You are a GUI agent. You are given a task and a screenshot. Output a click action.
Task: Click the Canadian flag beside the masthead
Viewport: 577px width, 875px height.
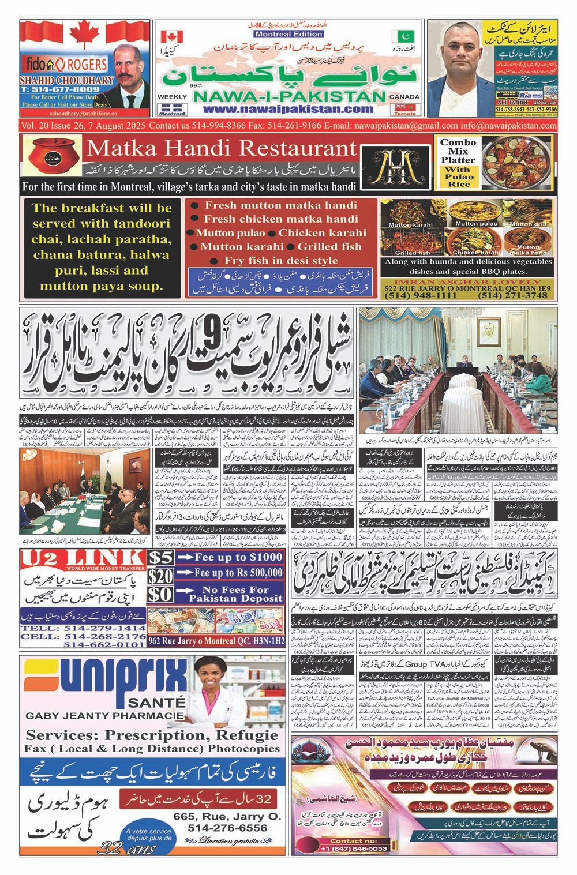coord(172,36)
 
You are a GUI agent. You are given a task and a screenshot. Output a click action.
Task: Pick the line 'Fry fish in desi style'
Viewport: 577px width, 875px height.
coord(281,260)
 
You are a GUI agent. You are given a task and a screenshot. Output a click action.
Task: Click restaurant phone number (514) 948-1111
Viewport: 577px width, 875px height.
coord(411,295)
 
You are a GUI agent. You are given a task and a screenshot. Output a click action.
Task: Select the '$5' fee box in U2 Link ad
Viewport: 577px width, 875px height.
coord(160,557)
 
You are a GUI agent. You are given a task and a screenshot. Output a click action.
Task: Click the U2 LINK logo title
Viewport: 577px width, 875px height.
coord(82,558)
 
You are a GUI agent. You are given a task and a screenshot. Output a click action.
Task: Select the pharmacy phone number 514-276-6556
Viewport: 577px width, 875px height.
coord(227,828)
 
